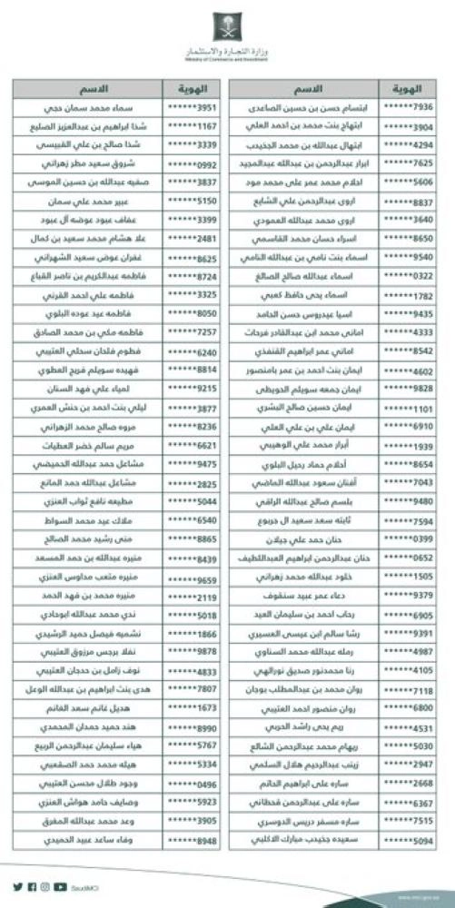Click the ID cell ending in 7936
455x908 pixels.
coord(414,106)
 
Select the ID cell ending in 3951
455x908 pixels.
coord(190,106)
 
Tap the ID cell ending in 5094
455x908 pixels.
coord(414,841)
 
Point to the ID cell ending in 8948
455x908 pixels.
coord(190,841)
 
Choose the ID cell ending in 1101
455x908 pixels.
coord(414,410)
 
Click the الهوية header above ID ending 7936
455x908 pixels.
coord(414,89)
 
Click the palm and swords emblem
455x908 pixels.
coord(226,22)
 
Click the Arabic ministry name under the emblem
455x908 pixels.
coord(226,44)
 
